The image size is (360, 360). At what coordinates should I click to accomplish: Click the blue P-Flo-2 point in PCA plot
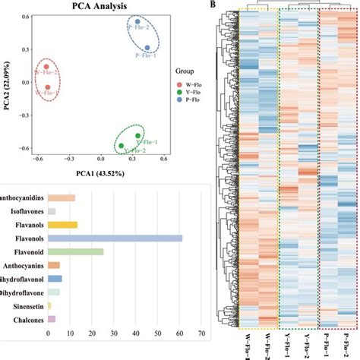[137, 22]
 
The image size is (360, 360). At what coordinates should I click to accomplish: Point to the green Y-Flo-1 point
[137, 136]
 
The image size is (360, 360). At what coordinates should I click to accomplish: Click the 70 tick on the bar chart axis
[201, 333]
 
